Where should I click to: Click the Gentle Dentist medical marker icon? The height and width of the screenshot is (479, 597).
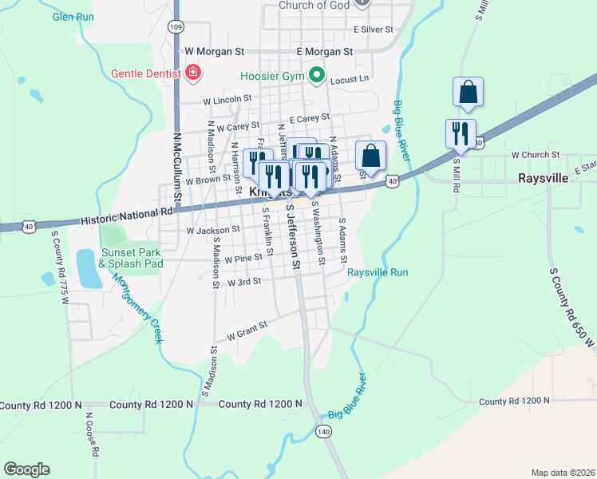tap(192, 73)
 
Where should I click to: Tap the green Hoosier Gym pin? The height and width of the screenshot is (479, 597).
tap(317, 77)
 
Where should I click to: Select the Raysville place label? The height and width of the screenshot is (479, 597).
tap(543, 178)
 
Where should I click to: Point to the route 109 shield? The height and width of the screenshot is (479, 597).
tap(176, 26)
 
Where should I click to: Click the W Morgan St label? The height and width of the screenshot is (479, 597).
tap(214, 51)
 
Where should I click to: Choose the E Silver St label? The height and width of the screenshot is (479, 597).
tap(374, 29)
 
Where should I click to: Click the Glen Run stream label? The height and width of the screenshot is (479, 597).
tap(73, 16)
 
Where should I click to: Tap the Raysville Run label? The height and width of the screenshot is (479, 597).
tap(378, 272)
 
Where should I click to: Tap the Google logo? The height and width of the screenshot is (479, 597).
tap(26, 469)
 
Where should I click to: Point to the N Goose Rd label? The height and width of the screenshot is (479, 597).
tap(90, 435)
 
